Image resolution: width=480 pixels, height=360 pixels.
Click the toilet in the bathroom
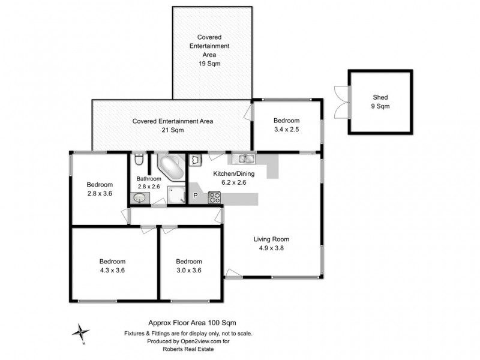pyautogui.click(x=139, y=160)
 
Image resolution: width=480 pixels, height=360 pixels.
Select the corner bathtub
pyautogui.click(x=170, y=167)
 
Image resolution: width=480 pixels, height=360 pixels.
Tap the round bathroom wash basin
pyautogui.click(x=139, y=197)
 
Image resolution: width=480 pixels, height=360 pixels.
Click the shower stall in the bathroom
pyautogui.click(x=176, y=196)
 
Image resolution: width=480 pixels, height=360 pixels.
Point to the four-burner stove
pyautogui.click(x=214, y=196)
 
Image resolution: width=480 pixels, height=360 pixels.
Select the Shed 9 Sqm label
pyautogui.click(x=380, y=101)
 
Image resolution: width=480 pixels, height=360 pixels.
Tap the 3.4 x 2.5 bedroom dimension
pyautogui.click(x=286, y=129)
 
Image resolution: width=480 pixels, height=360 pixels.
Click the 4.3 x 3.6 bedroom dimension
pyautogui.click(x=112, y=270)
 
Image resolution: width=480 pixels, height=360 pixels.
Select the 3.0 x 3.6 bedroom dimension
pyautogui.click(x=188, y=270)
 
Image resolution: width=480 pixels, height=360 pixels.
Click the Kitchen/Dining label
pyautogui.click(x=234, y=174)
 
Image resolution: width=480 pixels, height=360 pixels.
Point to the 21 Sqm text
pyautogui.click(x=173, y=130)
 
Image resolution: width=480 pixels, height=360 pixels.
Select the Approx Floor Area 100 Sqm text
pyautogui.click(x=188, y=322)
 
